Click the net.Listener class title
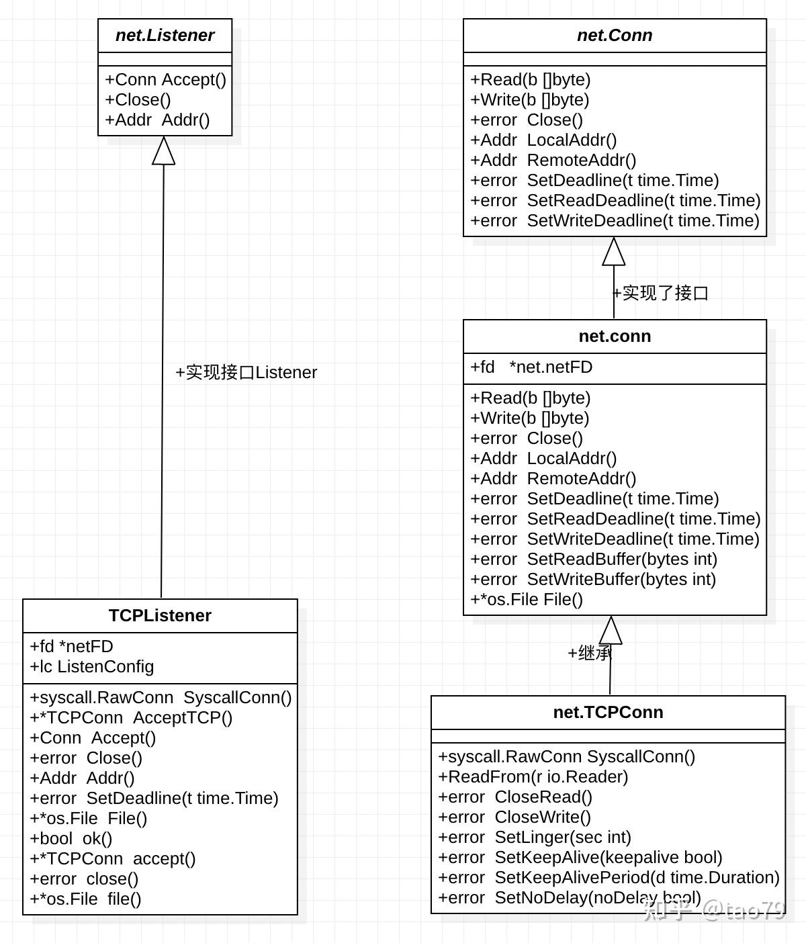(x=165, y=36)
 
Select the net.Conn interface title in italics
(x=615, y=36)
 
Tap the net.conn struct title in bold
(x=615, y=336)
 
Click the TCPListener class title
(x=160, y=616)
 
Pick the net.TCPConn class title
(x=608, y=713)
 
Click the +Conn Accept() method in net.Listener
(x=165, y=80)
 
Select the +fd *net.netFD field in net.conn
(x=531, y=367)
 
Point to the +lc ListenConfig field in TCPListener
(x=92, y=667)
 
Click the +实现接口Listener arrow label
(x=246, y=373)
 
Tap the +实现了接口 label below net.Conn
(x=661, y=294)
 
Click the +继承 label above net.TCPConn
(x=590, y=653)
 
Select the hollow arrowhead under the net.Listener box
(x=164, y=151)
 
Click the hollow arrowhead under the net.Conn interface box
(x=614, y=252)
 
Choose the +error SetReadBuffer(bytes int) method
(x=594, y=559)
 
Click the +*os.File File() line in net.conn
(x=527, y=600)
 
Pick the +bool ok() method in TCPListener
(x=71, y=839)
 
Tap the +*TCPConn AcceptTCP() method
(x=131, y=718)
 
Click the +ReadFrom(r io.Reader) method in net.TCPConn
(x=533, y=777)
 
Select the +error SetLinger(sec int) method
(x=535, y=838)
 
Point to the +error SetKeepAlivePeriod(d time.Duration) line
(x=609, y=878)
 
